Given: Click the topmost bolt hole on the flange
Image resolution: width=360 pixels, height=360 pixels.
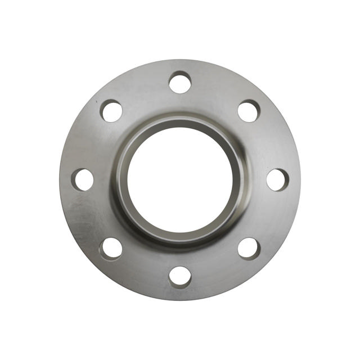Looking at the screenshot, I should [x=180, y=83].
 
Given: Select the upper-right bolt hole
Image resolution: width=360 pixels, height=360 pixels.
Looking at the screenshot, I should [x=249, y=111].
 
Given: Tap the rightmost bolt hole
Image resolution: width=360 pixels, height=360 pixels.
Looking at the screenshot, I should [x=277, y=180].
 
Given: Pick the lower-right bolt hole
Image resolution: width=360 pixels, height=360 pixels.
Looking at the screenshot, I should [x=249, y=249].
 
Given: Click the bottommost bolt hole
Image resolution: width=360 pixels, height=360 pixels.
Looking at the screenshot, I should [x=180, y=277].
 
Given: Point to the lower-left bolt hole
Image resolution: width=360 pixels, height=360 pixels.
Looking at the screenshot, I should [x=111, y=249].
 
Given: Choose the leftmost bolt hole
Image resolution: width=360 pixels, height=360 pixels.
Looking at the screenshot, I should [x=83, y=179].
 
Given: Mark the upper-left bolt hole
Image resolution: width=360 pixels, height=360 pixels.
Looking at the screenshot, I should [x=111, y=111].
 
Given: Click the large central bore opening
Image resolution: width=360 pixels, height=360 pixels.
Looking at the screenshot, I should [x=180, y=180].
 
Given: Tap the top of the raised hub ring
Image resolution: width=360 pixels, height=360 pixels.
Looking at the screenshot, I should [x=180, y=120].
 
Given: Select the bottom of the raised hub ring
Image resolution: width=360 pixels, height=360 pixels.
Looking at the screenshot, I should [x=180, y=240].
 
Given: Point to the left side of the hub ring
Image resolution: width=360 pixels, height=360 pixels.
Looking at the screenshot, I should [x=120, y=180].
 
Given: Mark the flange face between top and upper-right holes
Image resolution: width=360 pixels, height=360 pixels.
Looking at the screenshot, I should [x=217, y=90].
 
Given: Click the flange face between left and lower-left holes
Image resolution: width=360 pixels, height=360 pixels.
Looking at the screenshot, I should [x=90, y=217].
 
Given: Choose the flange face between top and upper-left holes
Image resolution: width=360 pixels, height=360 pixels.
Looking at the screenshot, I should [x=143, y=90].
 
